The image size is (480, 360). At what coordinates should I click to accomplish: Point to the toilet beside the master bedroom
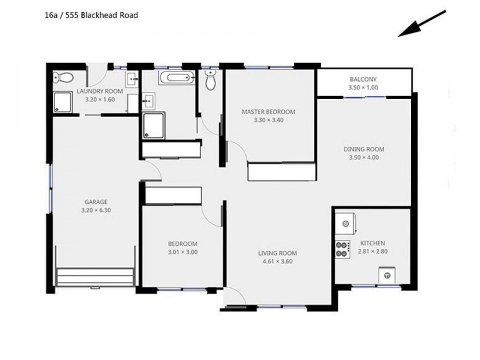pyautogui.click(x=210, y=80)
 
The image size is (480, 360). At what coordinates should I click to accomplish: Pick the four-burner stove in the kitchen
pyautogui.click(x=343, y=249)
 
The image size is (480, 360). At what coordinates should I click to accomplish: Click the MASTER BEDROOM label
pyautogui.click(x=268, y=112)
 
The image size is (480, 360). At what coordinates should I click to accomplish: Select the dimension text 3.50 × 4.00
pyautogui.click(x=364, y=158)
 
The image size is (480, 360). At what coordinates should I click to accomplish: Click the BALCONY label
pyautogui.click(x=363, y=79)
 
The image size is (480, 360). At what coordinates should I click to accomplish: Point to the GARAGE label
pyautogui.click(x=95, y=202)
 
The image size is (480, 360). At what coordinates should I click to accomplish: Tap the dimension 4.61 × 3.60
pyautogui.click(x=277, y=262)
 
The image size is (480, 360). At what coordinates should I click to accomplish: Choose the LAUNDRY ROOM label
pyautogui.click(x=100, y=91)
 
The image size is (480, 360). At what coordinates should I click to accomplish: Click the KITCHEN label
pyautogui.click(x=373, y=243)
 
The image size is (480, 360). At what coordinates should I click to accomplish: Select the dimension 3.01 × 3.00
pyautogui.click(x=182, y=252)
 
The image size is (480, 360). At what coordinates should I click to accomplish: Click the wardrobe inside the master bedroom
pyautogui.click(x=281, y=172)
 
